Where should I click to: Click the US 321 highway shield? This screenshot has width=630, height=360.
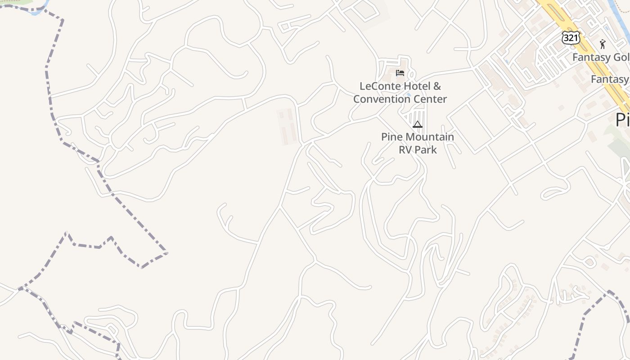[571, 38]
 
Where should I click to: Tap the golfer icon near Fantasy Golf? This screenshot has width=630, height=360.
[603, 44]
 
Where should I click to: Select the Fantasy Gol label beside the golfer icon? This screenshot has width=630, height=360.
[601, 58]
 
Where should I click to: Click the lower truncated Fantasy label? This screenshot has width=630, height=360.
[610, 80]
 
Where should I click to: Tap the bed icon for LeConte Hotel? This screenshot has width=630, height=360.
[400, 73]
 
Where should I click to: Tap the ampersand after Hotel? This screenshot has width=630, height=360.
[437, 86]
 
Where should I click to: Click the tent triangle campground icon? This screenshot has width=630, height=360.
[418, 124]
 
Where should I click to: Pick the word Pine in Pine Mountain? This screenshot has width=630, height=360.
[391, 137]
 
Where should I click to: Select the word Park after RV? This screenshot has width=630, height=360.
[427, 149]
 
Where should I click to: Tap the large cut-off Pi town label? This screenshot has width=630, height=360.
[622, 120]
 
